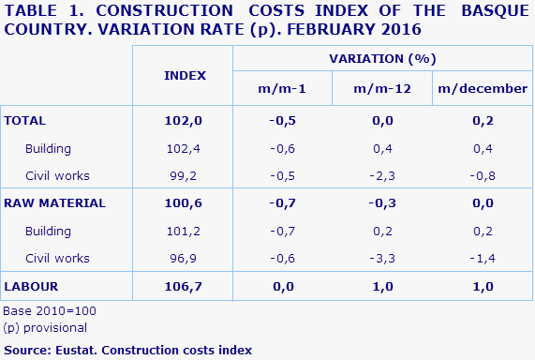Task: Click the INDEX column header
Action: click(185, 74)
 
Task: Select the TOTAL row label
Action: click(25, 121)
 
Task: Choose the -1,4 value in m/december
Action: click(481, 257)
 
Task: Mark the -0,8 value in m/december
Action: click(481, 175)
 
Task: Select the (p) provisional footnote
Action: click(45, 327)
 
